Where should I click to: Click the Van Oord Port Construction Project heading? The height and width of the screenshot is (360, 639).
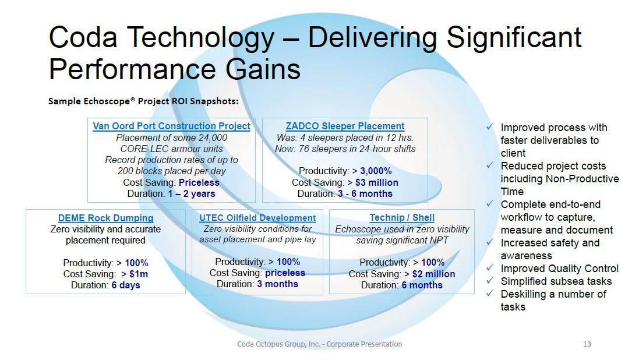(x=172, y=126)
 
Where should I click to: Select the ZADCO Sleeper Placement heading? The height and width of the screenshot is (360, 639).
(x=345, y=126)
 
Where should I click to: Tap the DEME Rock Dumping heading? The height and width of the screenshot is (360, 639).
(x=105, y=218)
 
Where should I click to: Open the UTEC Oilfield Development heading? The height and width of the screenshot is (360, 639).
(x=257, y=218)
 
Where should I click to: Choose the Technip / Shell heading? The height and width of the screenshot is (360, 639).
(x=402, y=218)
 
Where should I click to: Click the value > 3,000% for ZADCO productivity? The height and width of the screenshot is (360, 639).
(x=372, y=171)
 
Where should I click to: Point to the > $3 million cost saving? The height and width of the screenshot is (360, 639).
(x=373, y=182)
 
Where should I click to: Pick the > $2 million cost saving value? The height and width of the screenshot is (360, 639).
(x=429, y=274)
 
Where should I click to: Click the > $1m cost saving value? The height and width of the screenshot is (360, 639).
(x=135, y=274)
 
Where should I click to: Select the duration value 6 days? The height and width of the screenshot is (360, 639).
(x=126, y=285)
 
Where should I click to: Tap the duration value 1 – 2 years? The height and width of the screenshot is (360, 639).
(x=192, y=193)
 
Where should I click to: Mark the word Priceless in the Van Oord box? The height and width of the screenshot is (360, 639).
(x=199, y=182)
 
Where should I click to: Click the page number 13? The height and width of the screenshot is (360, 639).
(x=587, y=344)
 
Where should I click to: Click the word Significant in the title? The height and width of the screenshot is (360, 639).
(x=514, y=37)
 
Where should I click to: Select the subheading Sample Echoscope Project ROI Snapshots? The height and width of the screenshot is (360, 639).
(x=143, y=101)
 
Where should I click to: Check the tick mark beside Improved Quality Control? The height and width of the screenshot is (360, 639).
(x=490, y=268)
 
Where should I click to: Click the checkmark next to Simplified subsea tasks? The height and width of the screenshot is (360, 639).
(x=490, y=281)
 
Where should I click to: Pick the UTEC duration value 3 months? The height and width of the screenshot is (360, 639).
(x=277, y=284)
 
